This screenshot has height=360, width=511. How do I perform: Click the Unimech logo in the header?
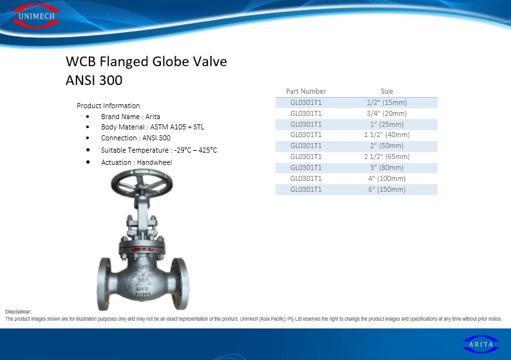point(36,15)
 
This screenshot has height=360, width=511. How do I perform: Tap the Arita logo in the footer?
point(481,344)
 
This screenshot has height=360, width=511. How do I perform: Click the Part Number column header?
point(306,91)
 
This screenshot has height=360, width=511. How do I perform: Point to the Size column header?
point(387,91)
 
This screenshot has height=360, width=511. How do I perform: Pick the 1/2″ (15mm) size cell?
point(387,102)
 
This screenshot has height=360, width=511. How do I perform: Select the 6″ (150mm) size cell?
point(387,189)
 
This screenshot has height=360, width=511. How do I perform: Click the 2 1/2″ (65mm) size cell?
point(387,156)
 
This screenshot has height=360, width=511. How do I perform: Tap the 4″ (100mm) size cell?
point(387,178)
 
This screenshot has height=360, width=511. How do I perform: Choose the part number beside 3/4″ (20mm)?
point(306,113)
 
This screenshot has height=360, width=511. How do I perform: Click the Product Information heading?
point(108,106)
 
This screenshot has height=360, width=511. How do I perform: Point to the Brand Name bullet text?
point(131,117)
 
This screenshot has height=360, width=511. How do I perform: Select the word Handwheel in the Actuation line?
point(154,162)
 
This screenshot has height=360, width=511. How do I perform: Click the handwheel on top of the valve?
point(142,184)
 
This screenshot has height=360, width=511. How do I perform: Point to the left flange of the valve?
point(104,284)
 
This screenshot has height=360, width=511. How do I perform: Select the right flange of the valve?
point(182,284)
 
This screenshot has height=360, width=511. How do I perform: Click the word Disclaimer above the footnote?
point(19,312)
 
